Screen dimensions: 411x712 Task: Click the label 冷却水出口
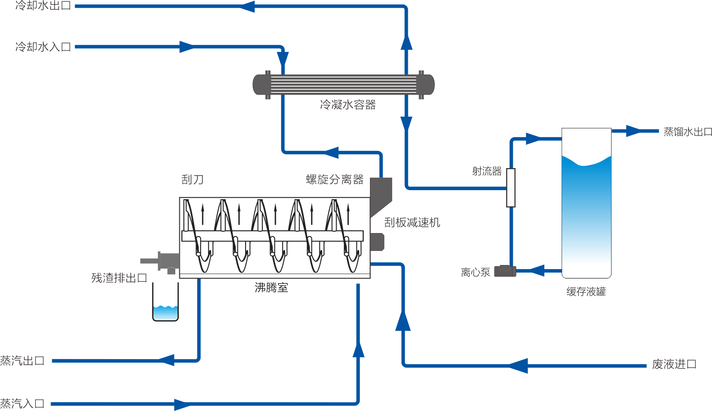click(x=43, y=6)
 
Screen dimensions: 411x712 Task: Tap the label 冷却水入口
click(x=43, y=47)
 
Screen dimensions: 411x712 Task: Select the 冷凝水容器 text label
click(x=347, y=105)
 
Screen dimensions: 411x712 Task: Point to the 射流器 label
click(x=487, y=171)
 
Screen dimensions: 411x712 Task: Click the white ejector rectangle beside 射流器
click(x=511, y=187)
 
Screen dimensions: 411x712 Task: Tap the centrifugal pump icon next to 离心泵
click(x=505, y=271)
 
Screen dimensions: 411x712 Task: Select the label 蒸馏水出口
click(x=688, y=132)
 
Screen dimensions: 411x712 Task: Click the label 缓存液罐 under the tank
click(x=586, y=292)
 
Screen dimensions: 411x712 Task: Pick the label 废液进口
click(x=674, y=364)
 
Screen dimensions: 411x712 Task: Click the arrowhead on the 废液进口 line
click(x=518, y=365)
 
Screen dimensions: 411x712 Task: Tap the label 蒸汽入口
click(x=23, y=403)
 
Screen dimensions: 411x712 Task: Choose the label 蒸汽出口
click(x=23, y=361)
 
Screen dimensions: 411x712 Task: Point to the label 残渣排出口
click(x=119, y=278)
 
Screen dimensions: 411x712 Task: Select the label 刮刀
click(x=192, y=180)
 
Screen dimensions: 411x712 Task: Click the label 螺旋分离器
click(x=335, y=179)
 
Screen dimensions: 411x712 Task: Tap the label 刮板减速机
click(x=412, y=222)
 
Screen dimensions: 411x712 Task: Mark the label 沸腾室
click(x=271, y=288)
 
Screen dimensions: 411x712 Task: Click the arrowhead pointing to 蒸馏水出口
click(x=633, y=131)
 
